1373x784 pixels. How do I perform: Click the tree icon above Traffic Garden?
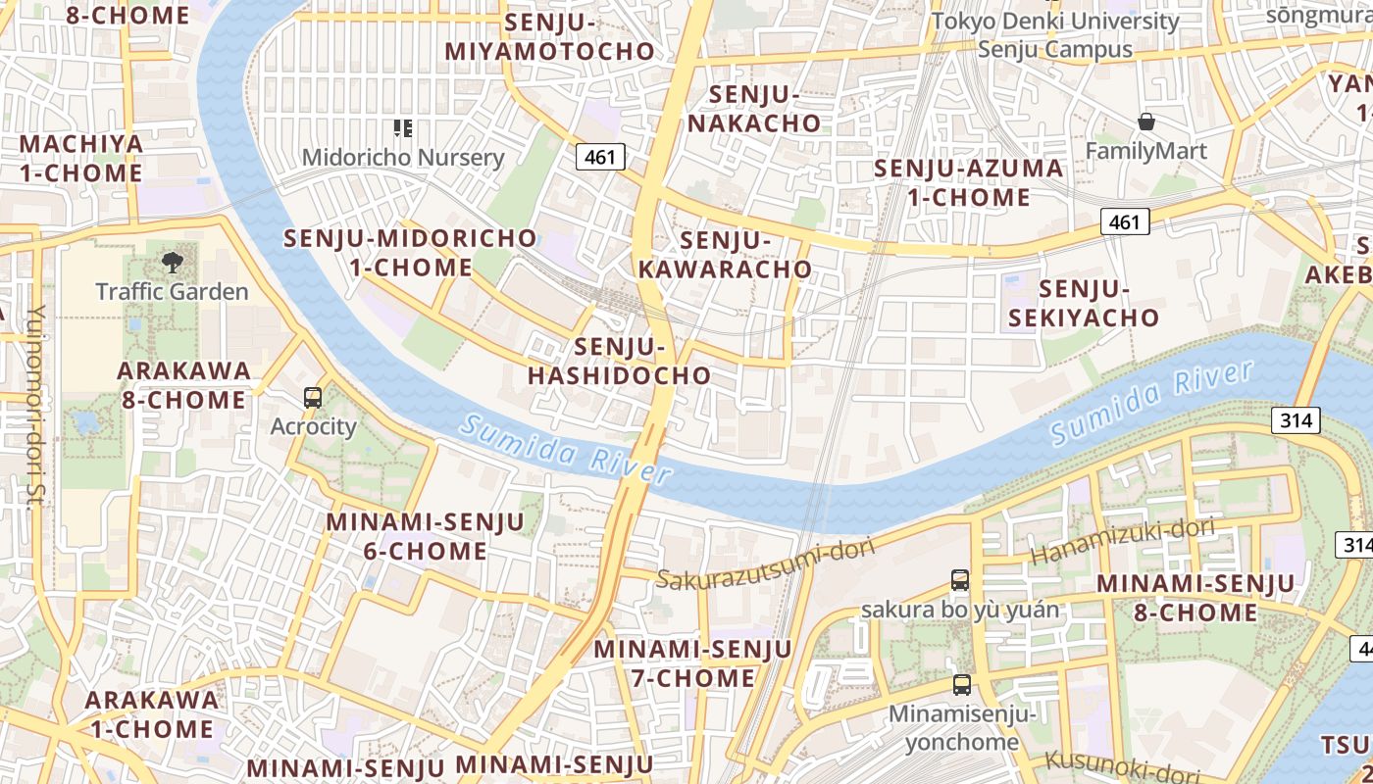[x=173, y=262]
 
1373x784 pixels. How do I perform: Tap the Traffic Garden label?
[x=173, y=291]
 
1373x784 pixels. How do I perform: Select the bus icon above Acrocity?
[x=313, y=398]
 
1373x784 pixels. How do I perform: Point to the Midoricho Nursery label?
[x=402, y=158]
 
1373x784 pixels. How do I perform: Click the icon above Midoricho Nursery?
[x=402, y=127]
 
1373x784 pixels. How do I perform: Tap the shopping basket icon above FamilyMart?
[x=1145, y=122]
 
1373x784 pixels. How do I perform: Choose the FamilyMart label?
[x=1145, y=151]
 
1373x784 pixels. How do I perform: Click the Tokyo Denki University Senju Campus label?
[x=1055, y=34]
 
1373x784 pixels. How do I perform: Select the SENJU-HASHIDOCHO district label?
[x=620, y=361]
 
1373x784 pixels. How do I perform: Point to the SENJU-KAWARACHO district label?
[x=725, y=255]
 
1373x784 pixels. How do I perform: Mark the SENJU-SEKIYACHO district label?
[x=1084, y=303]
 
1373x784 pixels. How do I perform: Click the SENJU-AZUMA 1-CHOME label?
[x=968, y=182]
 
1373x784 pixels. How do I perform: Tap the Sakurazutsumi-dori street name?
[x=765, y=564]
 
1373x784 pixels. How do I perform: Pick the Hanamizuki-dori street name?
[x=1123, y=542]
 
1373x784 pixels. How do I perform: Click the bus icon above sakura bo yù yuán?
[x=960, y=580]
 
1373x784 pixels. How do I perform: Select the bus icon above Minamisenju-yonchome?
[x=962, y=685]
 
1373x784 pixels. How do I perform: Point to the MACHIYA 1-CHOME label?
[x=81, y=158]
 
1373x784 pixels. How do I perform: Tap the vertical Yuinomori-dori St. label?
[x=35, y=406]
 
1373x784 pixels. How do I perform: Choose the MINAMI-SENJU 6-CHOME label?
[x=426, y=536]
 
